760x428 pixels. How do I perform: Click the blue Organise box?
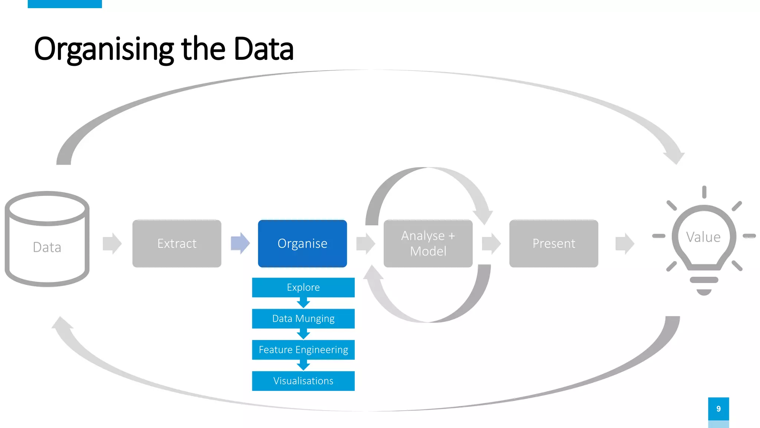coord(302,243)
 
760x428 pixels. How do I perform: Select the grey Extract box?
coord(177,243)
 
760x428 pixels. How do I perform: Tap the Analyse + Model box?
coord(428,243)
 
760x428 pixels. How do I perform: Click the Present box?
coord(553,243)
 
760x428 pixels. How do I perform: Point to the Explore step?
coord(303,287)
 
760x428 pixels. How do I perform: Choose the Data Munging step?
coord(303,318)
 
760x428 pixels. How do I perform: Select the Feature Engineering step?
coord(303,350)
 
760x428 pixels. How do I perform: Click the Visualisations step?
coord(303,381)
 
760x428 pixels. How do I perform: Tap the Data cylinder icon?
coord(47,240)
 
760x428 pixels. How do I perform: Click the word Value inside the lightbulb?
coord(703,237)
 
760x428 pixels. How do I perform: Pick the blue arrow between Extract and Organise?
coord(240,243)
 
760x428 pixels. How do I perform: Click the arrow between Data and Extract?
coord(112,243)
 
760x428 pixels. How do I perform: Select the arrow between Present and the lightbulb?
coord(625,243)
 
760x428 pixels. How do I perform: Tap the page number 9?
coord(718,409)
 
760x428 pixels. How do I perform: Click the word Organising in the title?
coord(104,49)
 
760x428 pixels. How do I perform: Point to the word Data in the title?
coord(263,49)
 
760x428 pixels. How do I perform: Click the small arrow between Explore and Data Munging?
coord(303,303)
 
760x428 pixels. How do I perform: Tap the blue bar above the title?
coord(65,4)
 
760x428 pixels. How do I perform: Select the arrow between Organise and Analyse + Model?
coord(366,243)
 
